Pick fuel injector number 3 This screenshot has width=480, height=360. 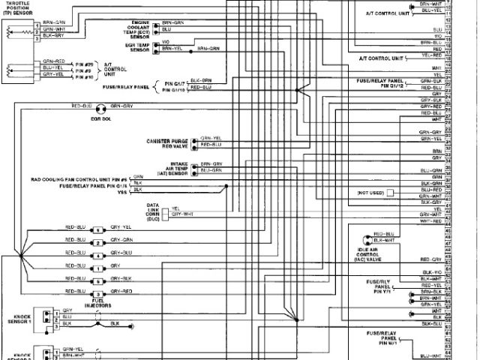(x=98, y=253)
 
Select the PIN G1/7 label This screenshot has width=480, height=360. (x=171, y=81)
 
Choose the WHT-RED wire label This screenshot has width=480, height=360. (x=430, y=221)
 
